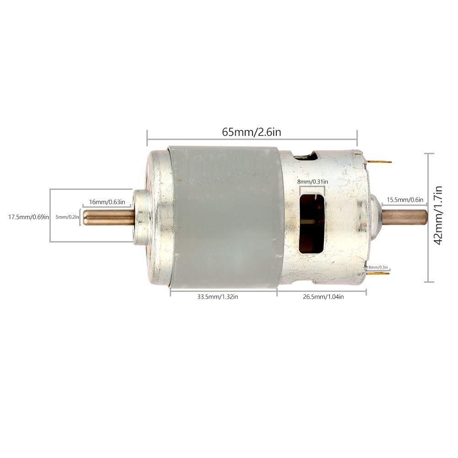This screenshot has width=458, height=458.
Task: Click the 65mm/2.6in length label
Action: pos(251,132)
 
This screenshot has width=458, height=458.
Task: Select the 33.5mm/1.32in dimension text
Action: pos(217,297)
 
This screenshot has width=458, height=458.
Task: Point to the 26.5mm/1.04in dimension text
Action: pos(323,297)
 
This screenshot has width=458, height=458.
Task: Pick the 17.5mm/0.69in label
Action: pos(28,217)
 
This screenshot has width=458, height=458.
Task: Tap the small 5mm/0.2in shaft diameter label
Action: pos(67,217)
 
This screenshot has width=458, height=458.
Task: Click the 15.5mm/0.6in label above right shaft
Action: pos(405,199)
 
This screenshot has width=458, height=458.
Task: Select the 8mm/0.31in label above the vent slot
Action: pos(313,181)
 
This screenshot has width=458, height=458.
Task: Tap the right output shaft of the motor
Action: pos(405,216)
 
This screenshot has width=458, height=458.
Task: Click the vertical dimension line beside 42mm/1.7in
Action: pos(428,218)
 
